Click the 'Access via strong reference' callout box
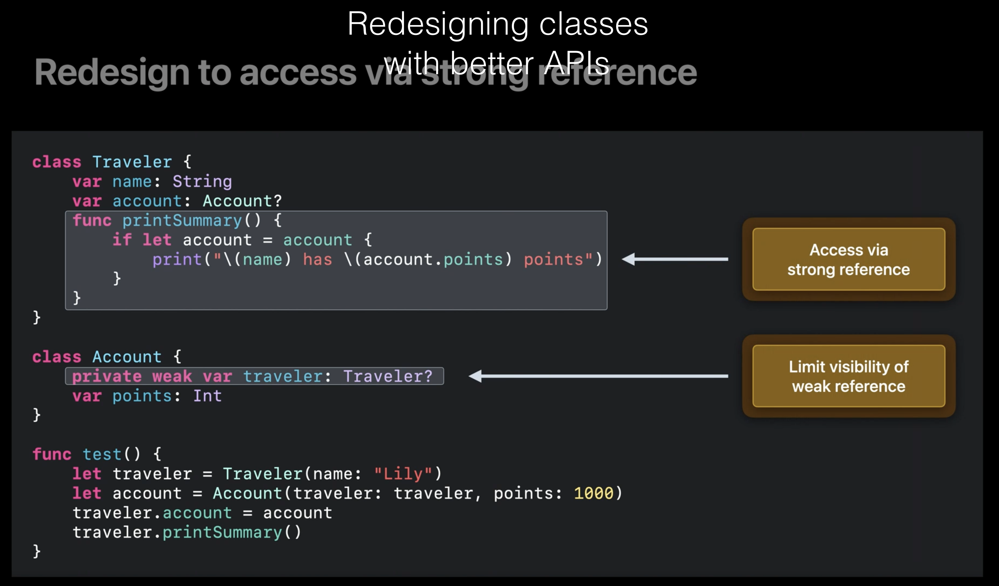point(849,259)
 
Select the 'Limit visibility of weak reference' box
point(849,376)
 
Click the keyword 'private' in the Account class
point(107,376)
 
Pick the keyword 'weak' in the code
point(172,376)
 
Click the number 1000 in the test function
point(594,493)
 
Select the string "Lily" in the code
point(403,474)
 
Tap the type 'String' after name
point(202,182)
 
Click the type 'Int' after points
point(207,396)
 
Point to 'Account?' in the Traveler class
point(242,201)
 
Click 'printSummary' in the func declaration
point(182,220)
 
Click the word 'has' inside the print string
point(318,260)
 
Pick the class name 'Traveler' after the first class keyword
point(132,162)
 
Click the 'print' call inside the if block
point(177,260)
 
